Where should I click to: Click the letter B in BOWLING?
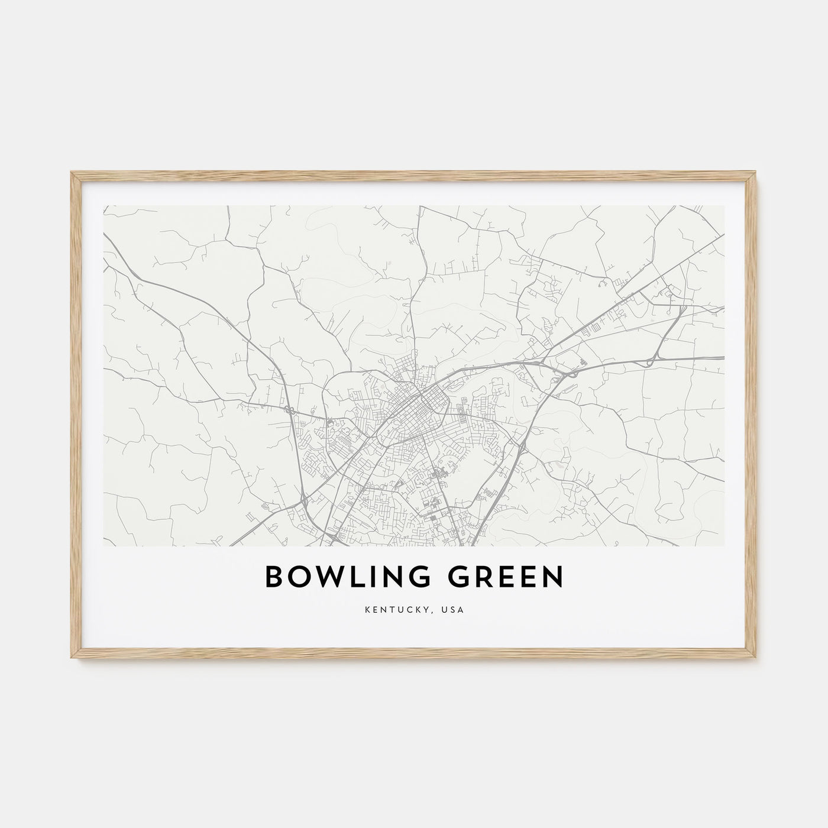[274, 578]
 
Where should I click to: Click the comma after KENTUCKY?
[439, 612]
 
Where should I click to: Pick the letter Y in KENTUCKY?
[435, 609]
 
